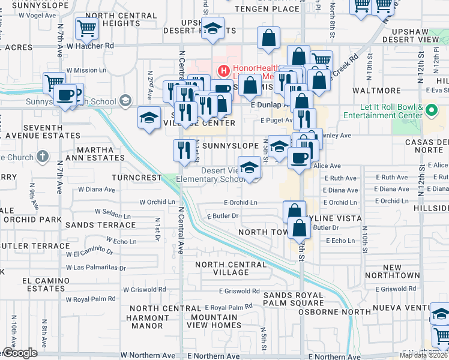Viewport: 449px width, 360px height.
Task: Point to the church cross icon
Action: [42, 157]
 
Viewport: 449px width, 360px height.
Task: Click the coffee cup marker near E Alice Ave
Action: [299, 158]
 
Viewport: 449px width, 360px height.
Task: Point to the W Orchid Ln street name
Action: [157, 202]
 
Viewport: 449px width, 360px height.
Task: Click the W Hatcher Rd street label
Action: [90, 46]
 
